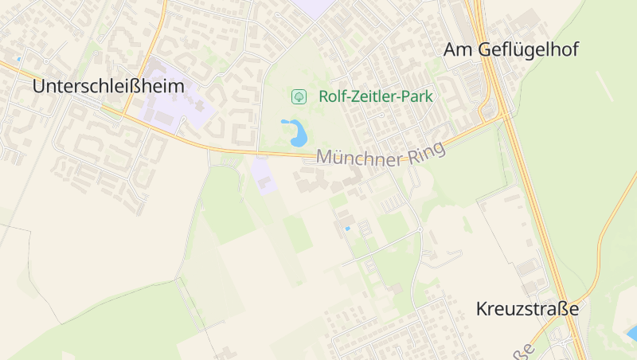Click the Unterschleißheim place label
pos(108,86)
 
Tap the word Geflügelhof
pos(530,50)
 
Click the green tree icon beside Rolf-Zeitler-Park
pos(299,97)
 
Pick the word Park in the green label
pos(418,97)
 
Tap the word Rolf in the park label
pos(333,97)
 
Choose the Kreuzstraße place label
pos(526,308)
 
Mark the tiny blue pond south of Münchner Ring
pos(347,229)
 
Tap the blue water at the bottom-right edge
pos(631,334)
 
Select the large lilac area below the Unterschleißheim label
pos(171,100)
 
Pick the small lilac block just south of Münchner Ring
pos(264,174)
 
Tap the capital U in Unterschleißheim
pos(40,86)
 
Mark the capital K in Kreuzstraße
pos(483,308)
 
